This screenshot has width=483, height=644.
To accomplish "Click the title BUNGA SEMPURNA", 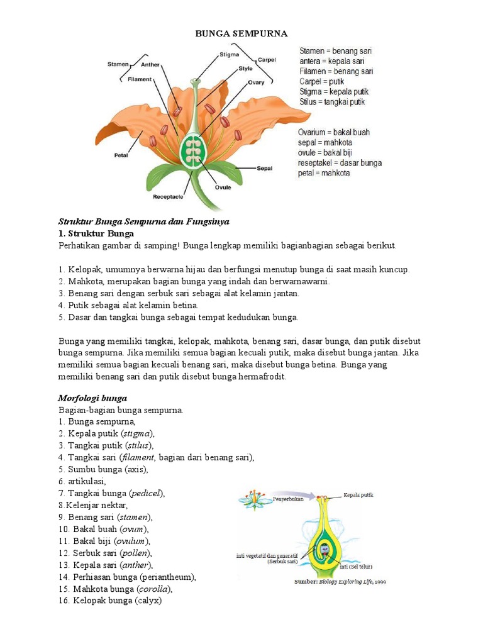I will tap(241, 33).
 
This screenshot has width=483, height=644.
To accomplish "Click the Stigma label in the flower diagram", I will tap(228, 55).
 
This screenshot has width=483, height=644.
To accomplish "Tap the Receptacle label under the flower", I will tap(168, 197).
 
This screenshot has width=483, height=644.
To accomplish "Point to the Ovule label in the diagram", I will tap(223, 187).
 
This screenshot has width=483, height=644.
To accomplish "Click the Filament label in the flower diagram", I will tap(139, 79).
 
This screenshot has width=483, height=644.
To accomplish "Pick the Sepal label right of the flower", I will tap(264, 169).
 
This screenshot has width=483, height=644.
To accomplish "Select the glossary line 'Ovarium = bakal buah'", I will tap(333, 132).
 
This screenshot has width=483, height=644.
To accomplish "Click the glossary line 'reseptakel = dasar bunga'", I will tap(340, 163).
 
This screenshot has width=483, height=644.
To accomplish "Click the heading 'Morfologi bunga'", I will tap(92, 398).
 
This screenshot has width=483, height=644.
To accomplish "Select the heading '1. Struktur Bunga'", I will tap(96, 233).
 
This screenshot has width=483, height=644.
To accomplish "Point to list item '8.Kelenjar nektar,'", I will tap(92, 505).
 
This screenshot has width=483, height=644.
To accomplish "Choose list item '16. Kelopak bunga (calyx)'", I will tap(110, 601).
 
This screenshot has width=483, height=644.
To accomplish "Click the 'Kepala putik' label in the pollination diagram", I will tap(358, 495).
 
